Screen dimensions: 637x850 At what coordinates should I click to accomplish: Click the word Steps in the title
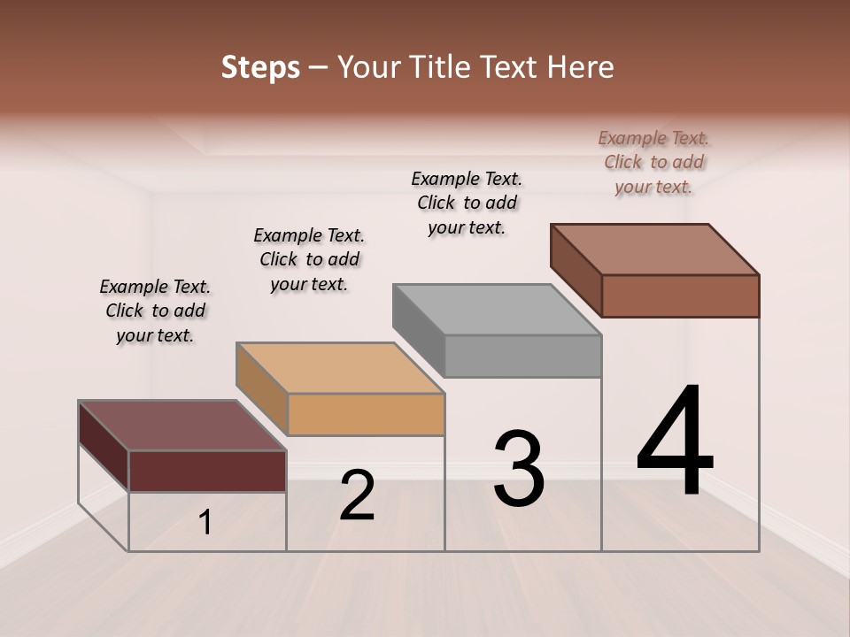coord(260,67)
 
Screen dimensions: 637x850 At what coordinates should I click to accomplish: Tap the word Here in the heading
coord(581,67)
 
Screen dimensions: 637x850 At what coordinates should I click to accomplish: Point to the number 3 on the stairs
coord(519,469)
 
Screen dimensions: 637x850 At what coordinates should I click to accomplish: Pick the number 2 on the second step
coord(357,495)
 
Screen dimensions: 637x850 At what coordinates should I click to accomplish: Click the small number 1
coord(205,523)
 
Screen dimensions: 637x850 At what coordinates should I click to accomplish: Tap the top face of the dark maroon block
coord(182,426)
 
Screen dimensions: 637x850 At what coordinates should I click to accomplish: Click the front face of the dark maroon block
coord(207,471)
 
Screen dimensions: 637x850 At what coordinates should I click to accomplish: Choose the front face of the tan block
coord(366,414)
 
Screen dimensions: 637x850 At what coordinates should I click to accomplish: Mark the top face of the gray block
coord(497,310)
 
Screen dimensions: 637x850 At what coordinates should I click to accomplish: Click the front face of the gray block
coord(522,356)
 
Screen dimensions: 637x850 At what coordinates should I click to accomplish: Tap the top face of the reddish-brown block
coord(654,249)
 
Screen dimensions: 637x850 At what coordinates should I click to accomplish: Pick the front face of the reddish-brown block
coord(680,295)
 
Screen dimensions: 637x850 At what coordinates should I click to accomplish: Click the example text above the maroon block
coord(155,311)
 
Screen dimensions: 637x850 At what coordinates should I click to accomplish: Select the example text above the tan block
coord(309,259)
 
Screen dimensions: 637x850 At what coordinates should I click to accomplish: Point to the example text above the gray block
coord(467,203)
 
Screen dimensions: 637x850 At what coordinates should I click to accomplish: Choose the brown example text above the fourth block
coord(653,162)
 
